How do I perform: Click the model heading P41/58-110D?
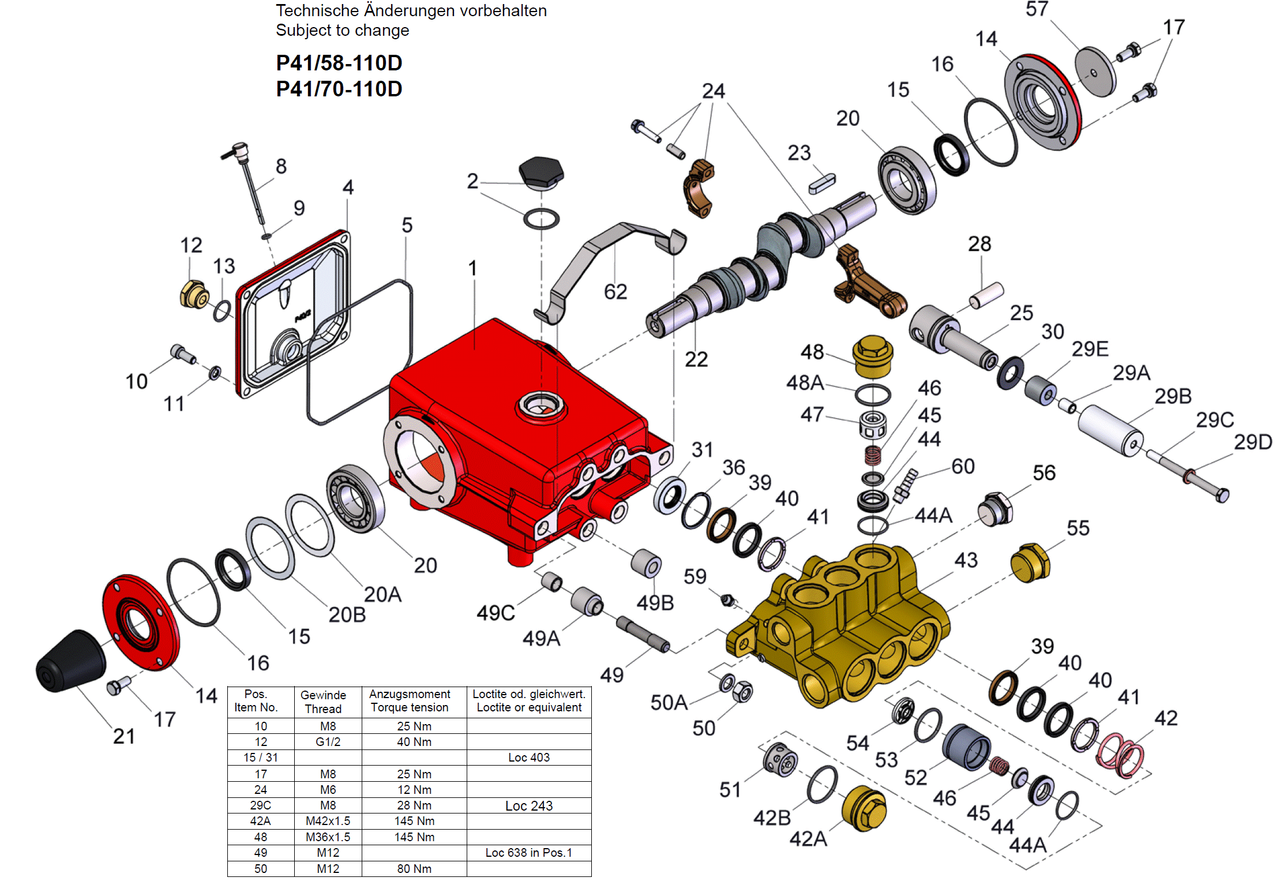click(339, 63)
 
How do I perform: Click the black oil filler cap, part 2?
click(541, 171)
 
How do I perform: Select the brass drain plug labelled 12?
click(194, 295)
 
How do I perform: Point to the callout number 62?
click(615, 292)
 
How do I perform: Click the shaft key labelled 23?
click(821, 183)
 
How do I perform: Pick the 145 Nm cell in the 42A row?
click(414, 821)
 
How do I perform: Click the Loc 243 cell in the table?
click(528, 805)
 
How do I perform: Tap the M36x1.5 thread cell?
click(328, 837)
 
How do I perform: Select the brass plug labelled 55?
click(1030, 563)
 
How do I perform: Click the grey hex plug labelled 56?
click(994, 509)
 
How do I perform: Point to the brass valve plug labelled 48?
click(873, 357)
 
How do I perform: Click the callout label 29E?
click(1090, 349)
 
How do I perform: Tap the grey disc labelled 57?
click(1094, 72)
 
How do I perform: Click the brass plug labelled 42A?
click(864, 808)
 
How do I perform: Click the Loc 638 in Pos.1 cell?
click(528, 853)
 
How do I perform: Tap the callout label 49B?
click(655, 603)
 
